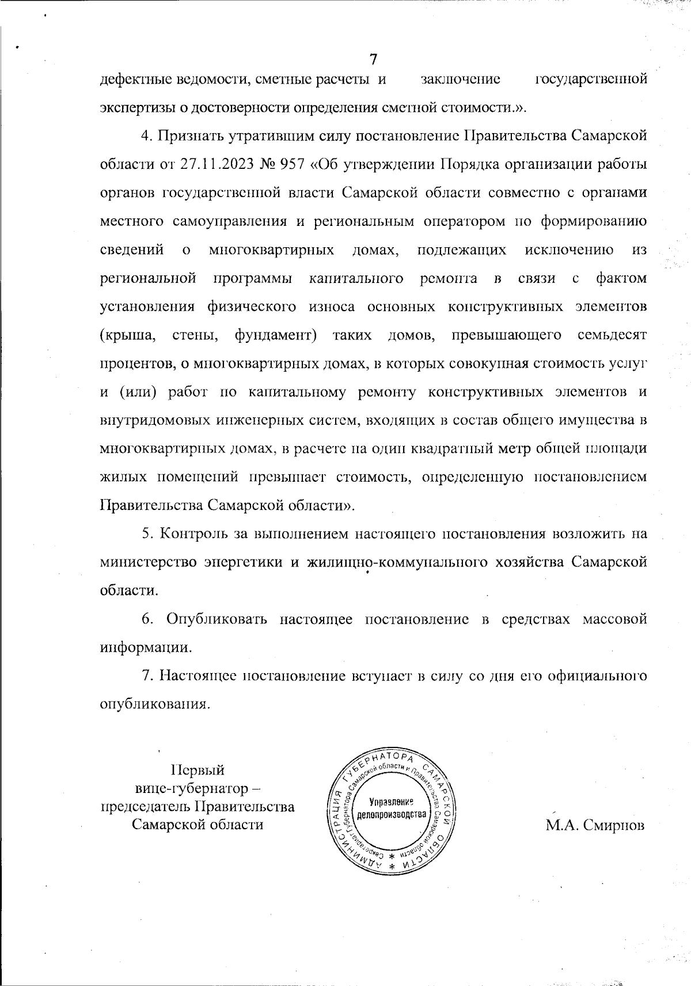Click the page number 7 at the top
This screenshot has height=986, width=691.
click(373, 59)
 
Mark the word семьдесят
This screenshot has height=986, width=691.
click(612, 335)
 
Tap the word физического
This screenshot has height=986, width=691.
click(252, 306)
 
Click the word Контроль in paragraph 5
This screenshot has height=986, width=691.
click(193, 534)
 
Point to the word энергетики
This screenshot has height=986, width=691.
click(244, 562)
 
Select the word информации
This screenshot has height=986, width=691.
click(146, 647)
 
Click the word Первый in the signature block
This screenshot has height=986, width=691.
click(198, 770)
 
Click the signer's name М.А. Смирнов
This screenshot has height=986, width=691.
click(595, 825)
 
